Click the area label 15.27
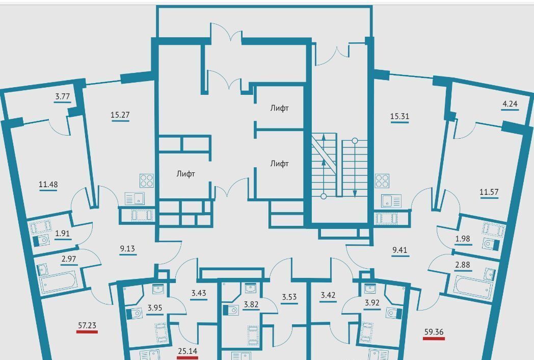[x=120, y=115]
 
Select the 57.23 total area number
[x=87, y=325]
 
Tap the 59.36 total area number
[x=434, y=332]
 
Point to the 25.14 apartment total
[x=188, y=351]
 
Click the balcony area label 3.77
[x=63, y=96]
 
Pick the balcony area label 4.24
[x=510, y=104]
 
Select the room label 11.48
[x=48, y=185]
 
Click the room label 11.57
[x=489, y=192]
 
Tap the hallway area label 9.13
[x=127, y=248]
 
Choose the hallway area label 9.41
[x=400, y=250]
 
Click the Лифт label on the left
[x=185, y=174]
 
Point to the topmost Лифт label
[x=280, y=108]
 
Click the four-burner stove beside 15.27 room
[x=146, y=181]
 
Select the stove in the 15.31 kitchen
[x=382, y=181]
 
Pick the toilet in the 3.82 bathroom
[x=231, y=310]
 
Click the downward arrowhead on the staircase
[x=355, y=194]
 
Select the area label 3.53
[x=289, y=297]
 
